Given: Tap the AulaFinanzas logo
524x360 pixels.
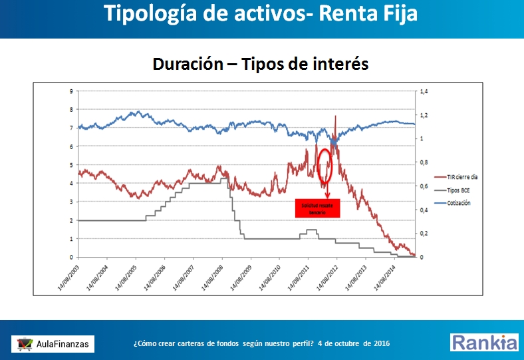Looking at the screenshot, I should pyautogui.click(x=53, y=343).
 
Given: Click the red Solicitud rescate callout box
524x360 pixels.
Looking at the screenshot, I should pyautogui.click(x=318, y=208).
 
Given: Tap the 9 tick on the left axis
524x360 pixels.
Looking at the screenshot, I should pyautogui.click(x=71, y=90).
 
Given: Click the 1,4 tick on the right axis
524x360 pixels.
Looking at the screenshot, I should pyautogui.click(x=422, y=90).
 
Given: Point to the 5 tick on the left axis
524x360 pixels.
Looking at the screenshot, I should pyautogui.click(x=71, y=164).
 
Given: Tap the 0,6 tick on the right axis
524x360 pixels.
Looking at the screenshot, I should pyautogui.click(x=422, y=186).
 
